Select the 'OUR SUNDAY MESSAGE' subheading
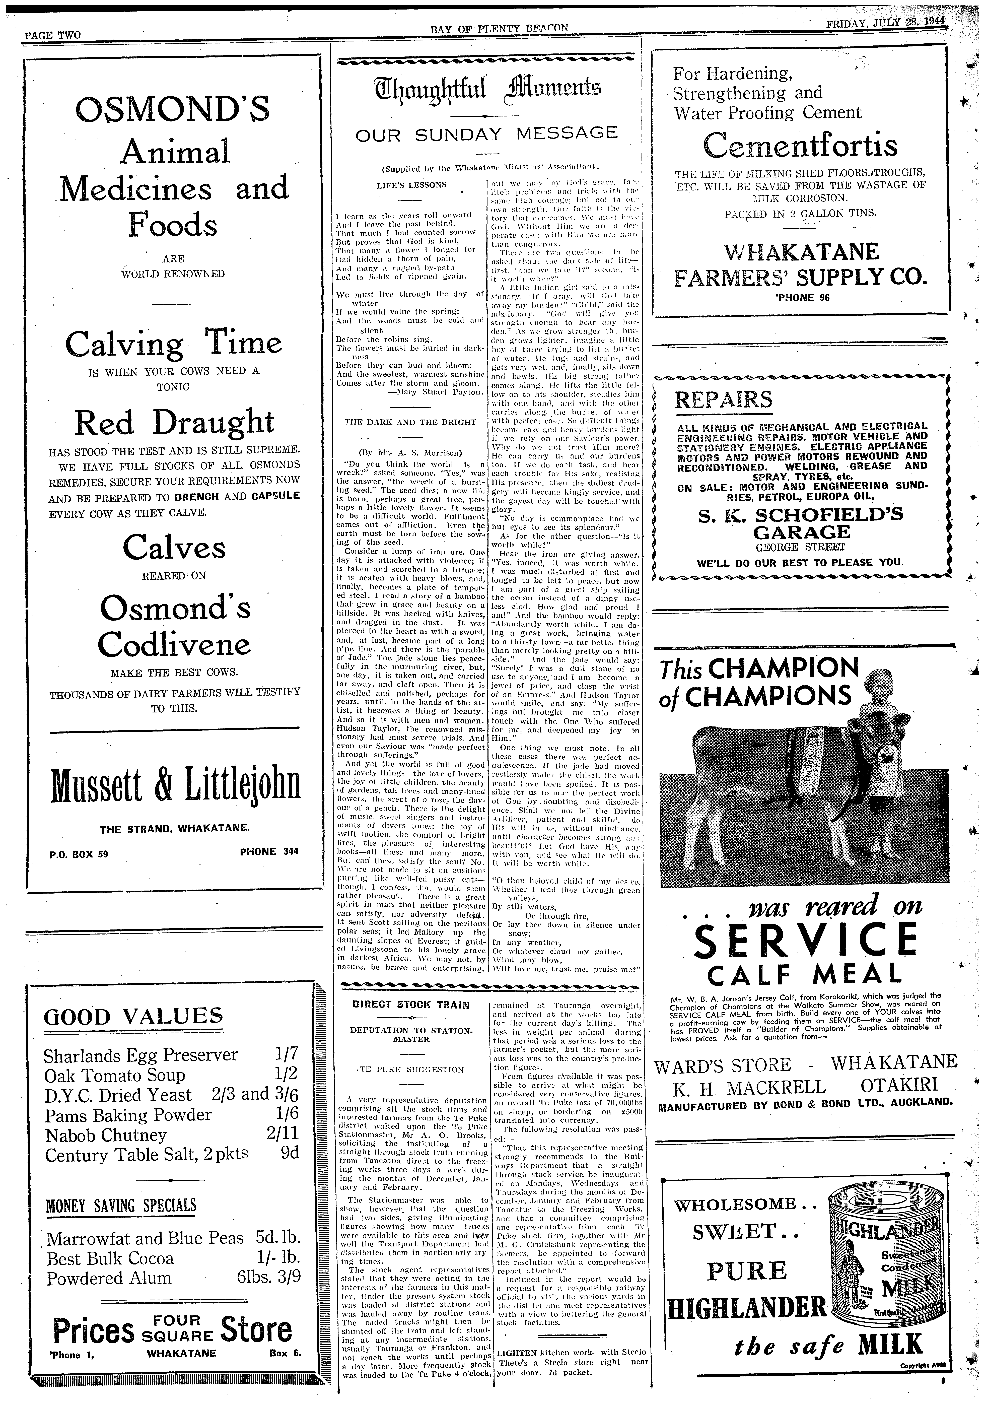click(486, 134)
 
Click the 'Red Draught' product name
click(174, 423)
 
